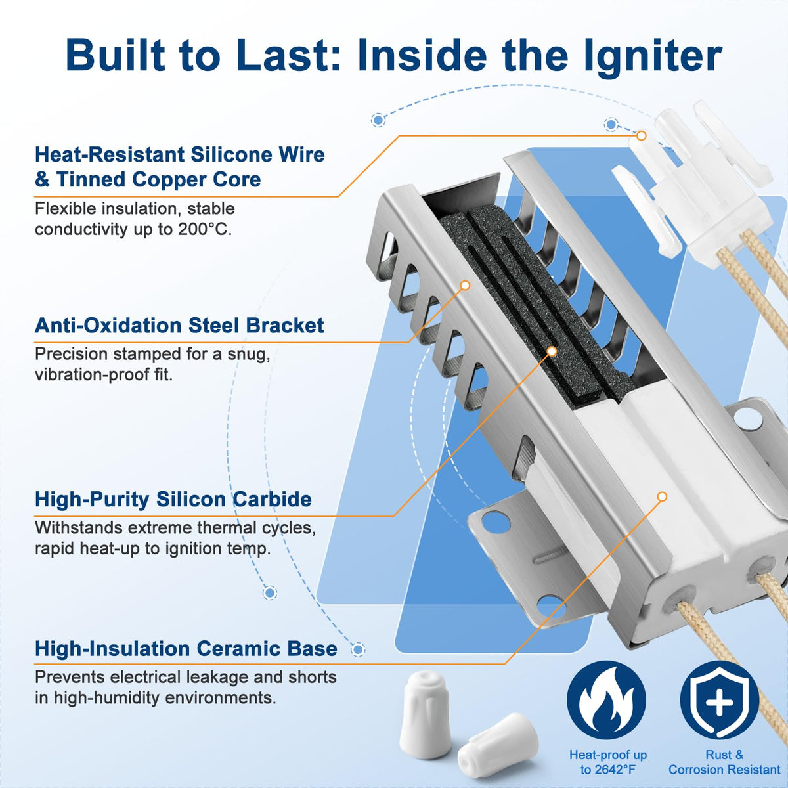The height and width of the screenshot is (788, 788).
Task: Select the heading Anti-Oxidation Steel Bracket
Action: pyautogui.click(x=179, y=326)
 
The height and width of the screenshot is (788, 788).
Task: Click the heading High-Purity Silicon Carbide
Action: pyautogui.click(x=173, y=499)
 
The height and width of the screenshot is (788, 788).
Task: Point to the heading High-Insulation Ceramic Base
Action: pyautogui.click(x=186, y=649)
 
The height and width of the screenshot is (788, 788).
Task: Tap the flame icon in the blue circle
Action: pyautogui.click(x=607, y=700)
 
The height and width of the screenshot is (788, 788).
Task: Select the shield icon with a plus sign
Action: pyautogui.click(x=720, y=700)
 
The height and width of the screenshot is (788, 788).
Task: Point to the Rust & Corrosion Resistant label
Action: pyautogui.click(x=724, y=762)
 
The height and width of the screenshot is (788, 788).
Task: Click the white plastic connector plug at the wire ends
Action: pyautogui.click(x=691, y=184)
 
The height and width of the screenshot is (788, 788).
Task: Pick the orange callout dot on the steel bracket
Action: pyautogui.click(x=465, y=285)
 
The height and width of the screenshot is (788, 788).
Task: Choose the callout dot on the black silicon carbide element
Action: pyautogui.click(x=552, y=351)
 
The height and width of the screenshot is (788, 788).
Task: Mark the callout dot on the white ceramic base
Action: pyautogui.click(x=663, y=496)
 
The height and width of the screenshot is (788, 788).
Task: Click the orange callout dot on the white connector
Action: pyautogui.click(x=641, y=135)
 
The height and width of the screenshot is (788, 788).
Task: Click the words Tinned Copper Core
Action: pyautogui.click(x=158, y=179)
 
